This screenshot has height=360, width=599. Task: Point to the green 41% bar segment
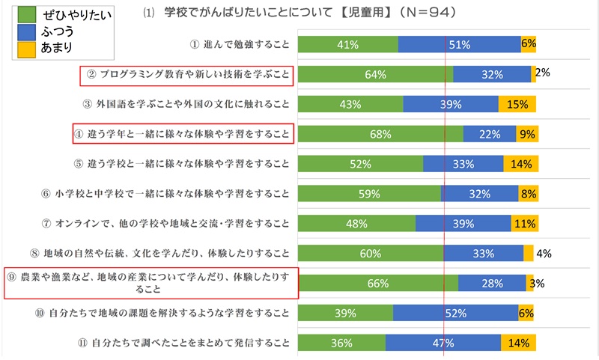pos(347,44)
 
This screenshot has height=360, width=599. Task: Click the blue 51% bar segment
pos(459,44)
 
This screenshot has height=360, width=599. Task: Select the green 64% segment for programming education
pos(375,74)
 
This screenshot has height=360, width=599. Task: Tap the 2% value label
pos(544,73)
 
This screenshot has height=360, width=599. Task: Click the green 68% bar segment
pos(380,134)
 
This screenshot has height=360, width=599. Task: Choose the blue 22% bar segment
pos(490,134)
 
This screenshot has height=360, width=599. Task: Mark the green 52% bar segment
pos(360,164)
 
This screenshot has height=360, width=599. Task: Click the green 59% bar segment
pos(369,193)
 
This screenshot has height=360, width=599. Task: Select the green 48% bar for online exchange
pos(356,223)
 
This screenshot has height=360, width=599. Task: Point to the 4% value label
pos(544,253)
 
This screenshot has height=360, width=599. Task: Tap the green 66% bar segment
pos(378,283)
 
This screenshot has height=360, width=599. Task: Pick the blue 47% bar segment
pos(443,343)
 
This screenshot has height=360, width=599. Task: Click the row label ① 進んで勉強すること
pos(240,44)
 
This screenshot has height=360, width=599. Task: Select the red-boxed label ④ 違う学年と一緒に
pos(183,134)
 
